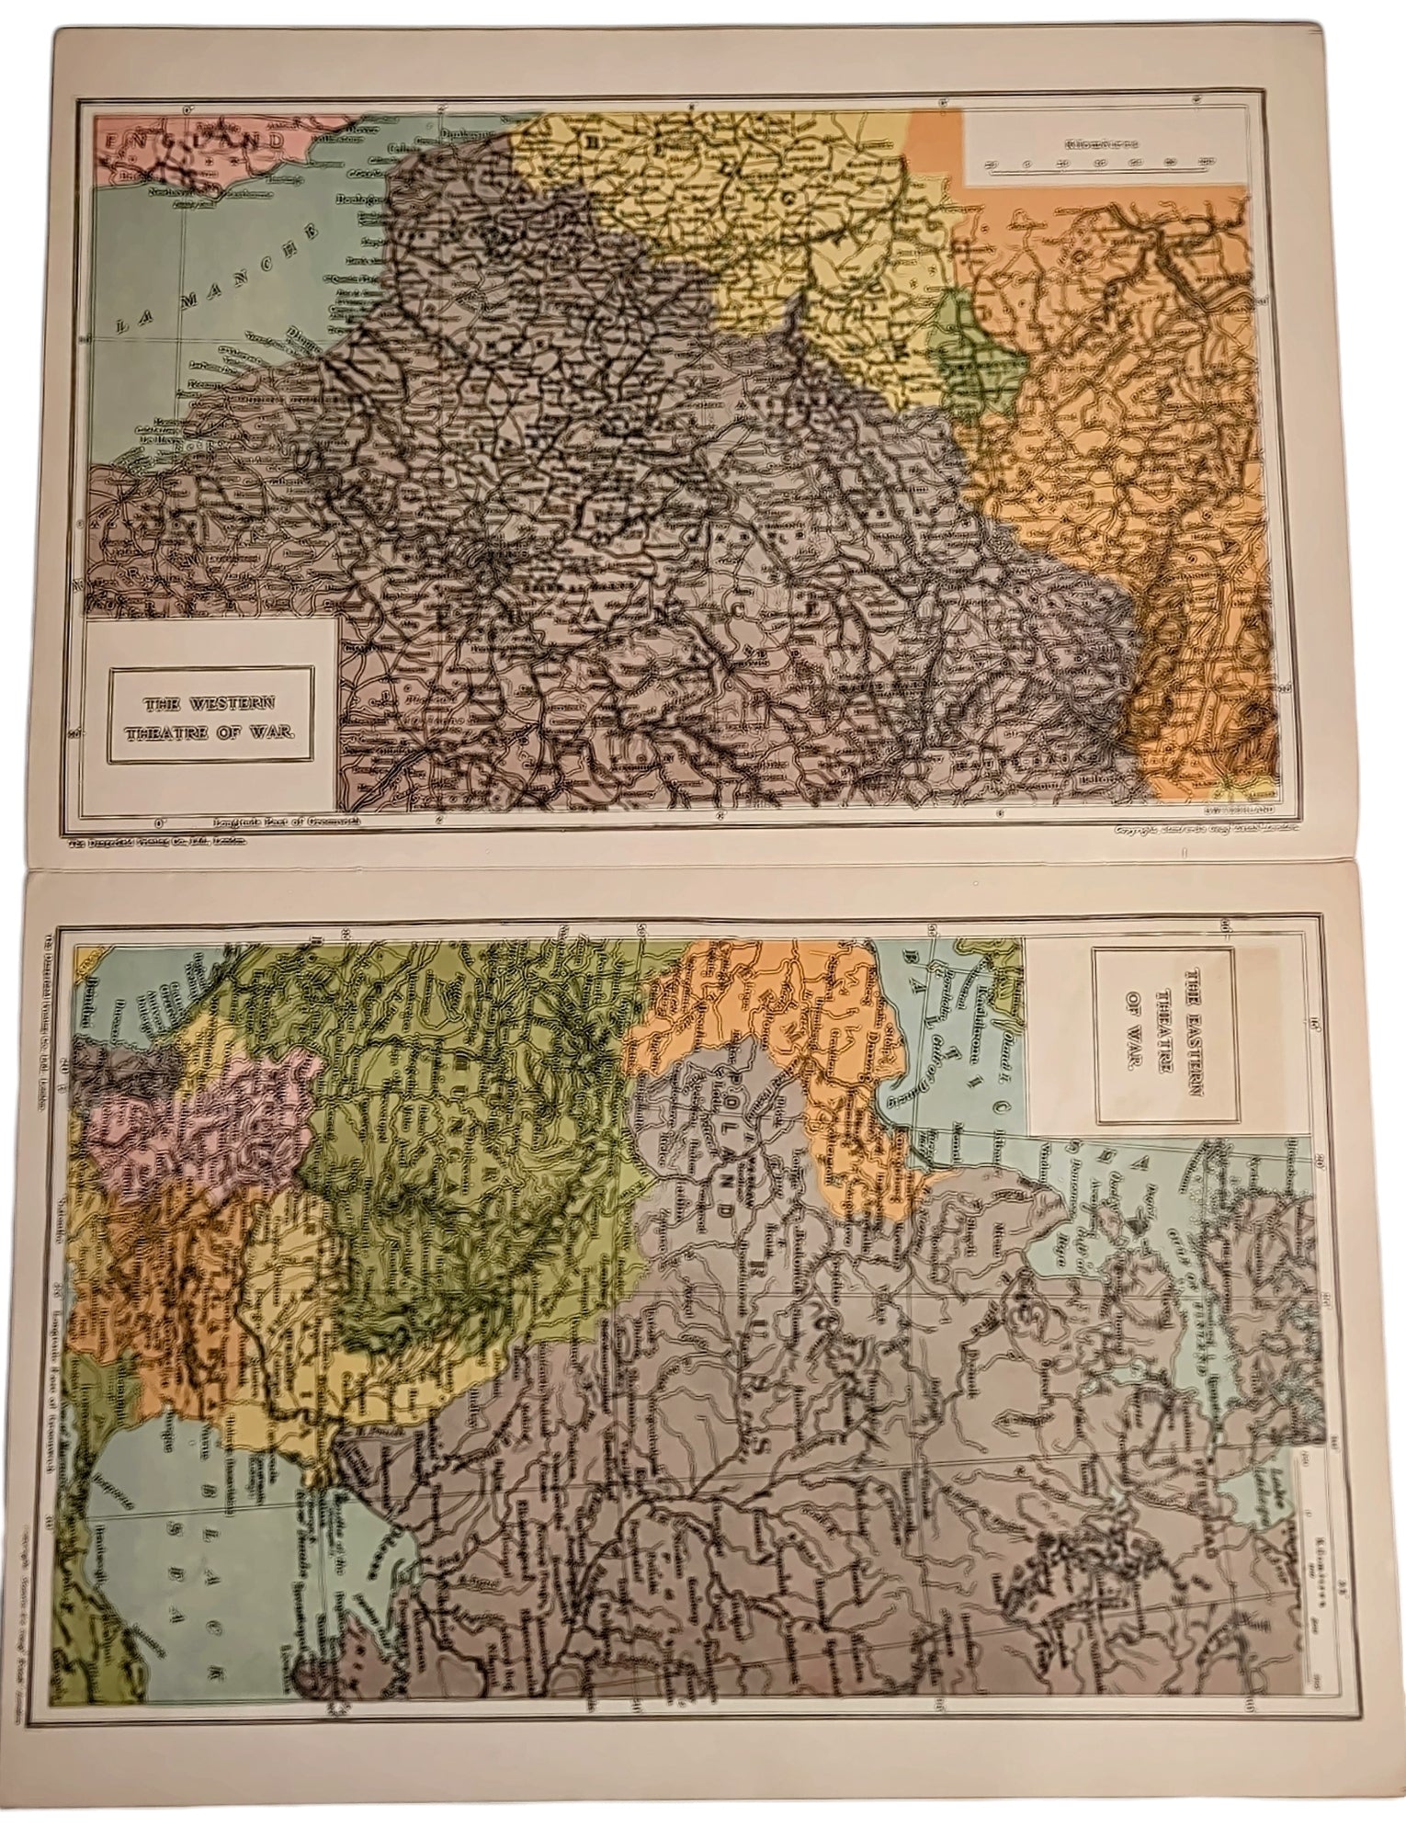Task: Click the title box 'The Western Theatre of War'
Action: click(210, 714)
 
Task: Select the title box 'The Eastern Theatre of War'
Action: click(1151, 1008)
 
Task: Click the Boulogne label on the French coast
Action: click(363, 197)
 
